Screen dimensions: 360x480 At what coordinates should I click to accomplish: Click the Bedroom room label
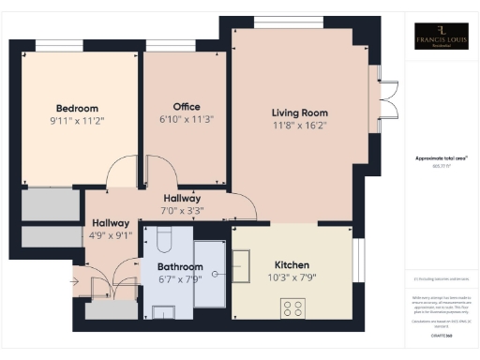77,108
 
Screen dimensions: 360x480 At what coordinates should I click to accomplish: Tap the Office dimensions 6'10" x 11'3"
187,119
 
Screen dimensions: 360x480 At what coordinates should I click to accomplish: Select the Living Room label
300,112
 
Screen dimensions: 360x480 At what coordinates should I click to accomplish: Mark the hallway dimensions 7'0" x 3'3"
182,211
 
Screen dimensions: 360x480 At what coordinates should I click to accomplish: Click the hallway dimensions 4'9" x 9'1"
112,235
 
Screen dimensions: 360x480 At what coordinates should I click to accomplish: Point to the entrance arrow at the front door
76,278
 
